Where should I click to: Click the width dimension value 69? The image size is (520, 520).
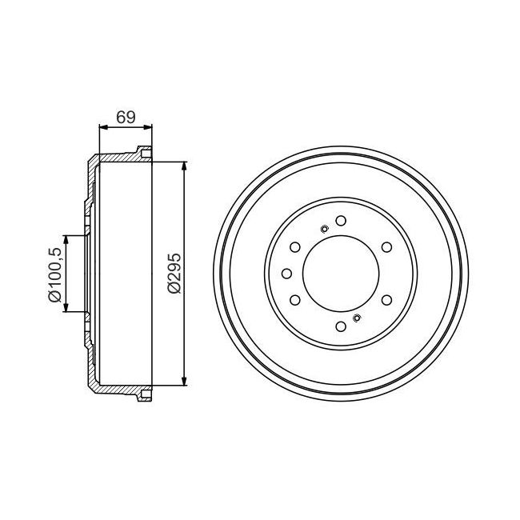(126, 117)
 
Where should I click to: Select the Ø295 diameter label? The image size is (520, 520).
(174, 274)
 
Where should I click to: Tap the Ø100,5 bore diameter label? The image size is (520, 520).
(55, 274)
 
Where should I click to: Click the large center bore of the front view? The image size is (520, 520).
(341, 274)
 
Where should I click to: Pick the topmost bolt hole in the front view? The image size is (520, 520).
(341, 221)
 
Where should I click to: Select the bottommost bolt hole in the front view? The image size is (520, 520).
(341, 326)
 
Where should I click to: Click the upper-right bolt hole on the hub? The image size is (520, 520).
(386, 247)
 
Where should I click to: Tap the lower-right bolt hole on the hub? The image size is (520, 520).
(386, 300)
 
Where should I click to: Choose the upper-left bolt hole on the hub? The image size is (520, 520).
(295, 247)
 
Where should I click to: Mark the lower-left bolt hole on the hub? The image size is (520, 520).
(295, 300)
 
